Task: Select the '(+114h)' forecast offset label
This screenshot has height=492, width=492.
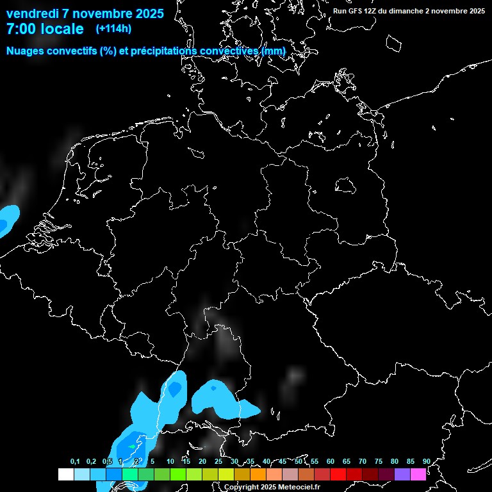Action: tap(113, 28)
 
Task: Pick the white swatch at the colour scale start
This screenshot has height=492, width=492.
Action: tap(65, 474)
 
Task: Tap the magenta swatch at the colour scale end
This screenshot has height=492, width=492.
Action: tap(418, 474)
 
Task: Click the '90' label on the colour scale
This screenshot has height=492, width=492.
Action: tap(426, 461)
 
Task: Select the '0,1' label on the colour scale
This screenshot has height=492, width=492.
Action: tap(75, 461)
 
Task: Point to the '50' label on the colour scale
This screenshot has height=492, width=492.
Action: tap(299, 461)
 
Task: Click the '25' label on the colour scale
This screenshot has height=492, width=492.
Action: tap(218, 461)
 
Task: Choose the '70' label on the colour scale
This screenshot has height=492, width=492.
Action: tap(363, 461)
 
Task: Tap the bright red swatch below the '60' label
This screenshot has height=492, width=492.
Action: tap(338, 474)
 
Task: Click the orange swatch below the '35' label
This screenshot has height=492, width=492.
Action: tap(258, 474)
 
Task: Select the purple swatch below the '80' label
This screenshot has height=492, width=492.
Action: tap(402, 474)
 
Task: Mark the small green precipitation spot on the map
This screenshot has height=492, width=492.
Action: tap(133, 446)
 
